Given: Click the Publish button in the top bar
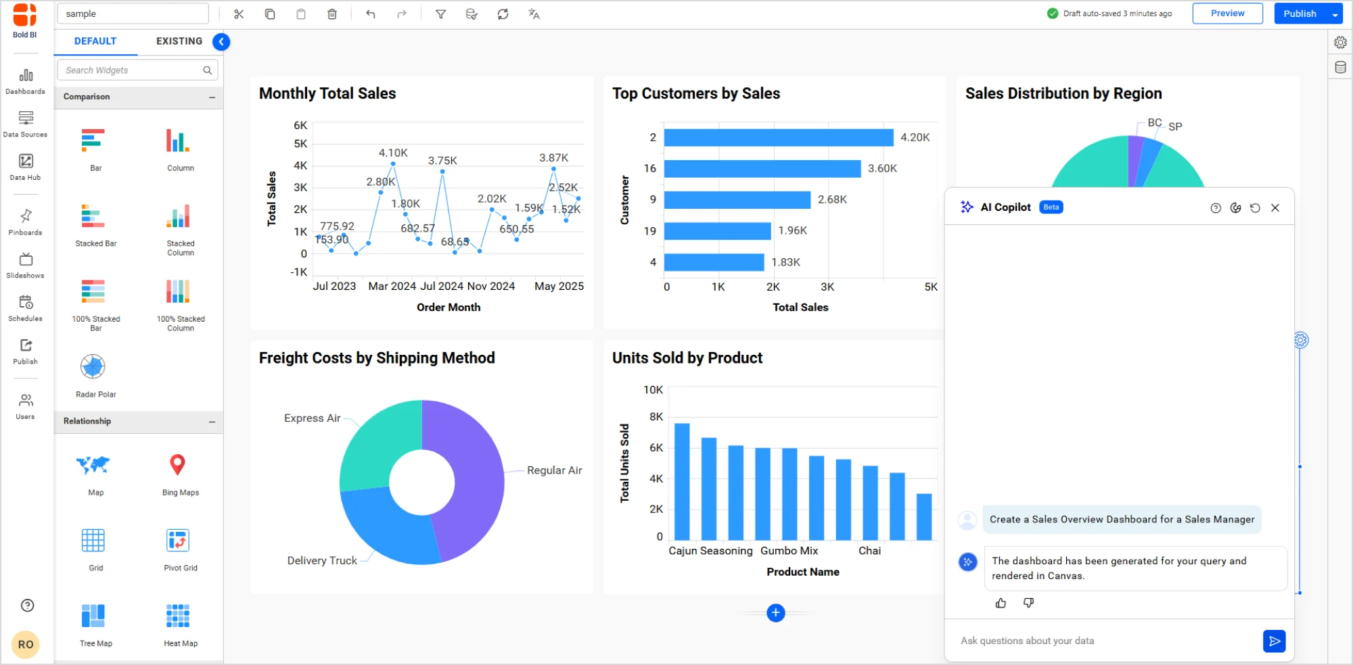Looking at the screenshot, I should [1300, 14].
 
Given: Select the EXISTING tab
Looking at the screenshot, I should [179, 41].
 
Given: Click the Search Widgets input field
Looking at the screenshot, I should [132, 70].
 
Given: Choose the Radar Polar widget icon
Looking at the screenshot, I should [93, 367].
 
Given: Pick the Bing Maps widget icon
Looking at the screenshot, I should [177, 465].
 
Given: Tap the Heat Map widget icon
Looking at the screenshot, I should [178, 616].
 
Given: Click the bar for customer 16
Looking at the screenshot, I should [762, 168].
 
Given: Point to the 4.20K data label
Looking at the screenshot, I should [915, 137].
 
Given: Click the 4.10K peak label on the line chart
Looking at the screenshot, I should [393, 153].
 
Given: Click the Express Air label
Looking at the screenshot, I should [312, 418].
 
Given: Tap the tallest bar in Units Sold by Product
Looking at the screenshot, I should [682, 481].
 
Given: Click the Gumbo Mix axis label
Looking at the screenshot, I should [789, 551].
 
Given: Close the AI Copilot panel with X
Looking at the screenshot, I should [1275, 208].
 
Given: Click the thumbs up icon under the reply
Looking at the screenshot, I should [1001, 603].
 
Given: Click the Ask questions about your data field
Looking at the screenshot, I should [1103, 641].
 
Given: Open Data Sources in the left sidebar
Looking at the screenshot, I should [26, 124].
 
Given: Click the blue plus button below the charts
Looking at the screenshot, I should [776, 613].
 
